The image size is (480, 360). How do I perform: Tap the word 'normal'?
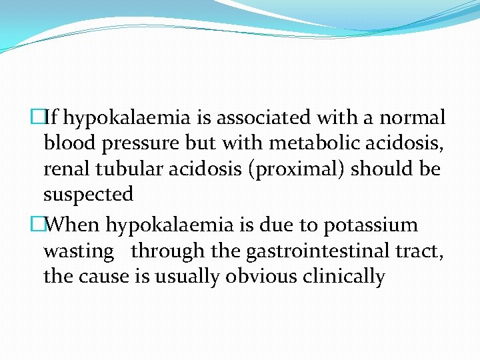413,119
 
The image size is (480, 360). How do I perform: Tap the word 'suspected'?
89,195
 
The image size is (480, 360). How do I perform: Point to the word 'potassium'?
371,226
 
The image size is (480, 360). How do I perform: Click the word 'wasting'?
79,251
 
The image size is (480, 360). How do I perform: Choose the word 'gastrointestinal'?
296,251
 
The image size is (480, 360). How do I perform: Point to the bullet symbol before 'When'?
38,225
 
